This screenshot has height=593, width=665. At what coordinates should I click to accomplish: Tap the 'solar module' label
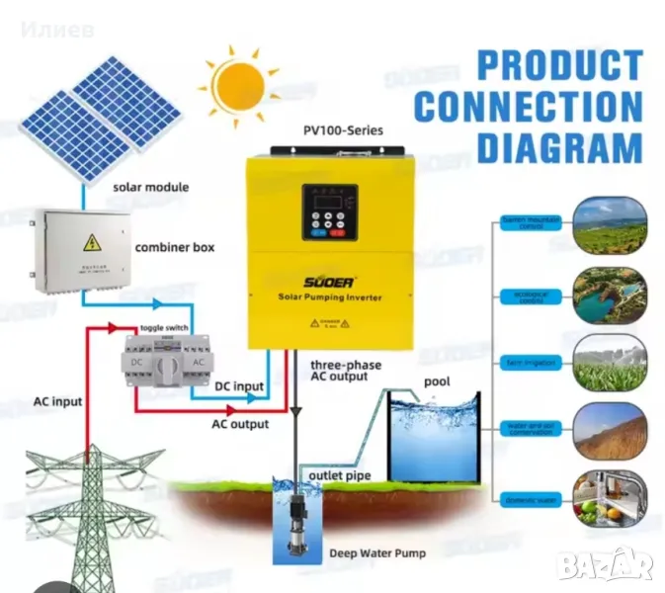point(151,187)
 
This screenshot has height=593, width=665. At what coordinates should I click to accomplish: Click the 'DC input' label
point(239,386)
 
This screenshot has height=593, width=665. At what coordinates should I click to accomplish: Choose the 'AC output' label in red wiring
point(241,424)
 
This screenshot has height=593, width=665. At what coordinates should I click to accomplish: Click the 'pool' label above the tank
point(438,381)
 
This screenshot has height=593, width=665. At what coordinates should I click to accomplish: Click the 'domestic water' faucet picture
point(611,496)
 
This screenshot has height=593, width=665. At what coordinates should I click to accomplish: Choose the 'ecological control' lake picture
point(611,294)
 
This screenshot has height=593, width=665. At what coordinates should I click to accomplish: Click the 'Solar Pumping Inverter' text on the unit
point(329,297)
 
